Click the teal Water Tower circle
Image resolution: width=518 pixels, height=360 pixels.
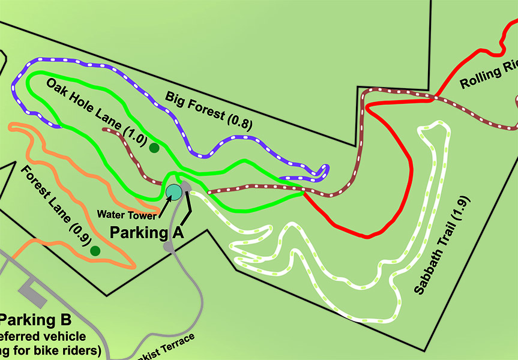click(173, 191)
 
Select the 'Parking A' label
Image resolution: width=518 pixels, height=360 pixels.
click(145, 232)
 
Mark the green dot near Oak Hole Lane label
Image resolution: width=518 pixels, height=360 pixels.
click(154, 148)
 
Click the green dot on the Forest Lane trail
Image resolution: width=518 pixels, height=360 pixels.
click(95, 251)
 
